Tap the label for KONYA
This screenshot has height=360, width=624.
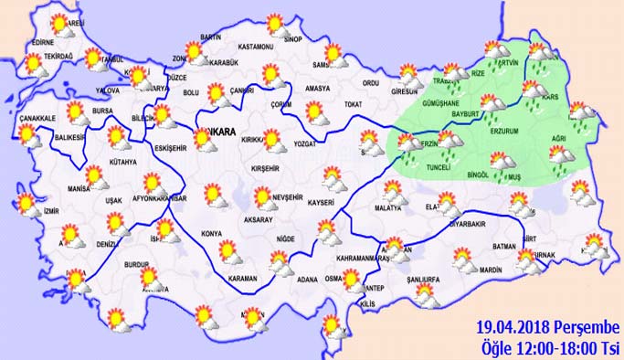(211, 232)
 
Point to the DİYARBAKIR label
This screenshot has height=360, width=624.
(471, 222)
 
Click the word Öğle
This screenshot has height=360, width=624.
(497, 347)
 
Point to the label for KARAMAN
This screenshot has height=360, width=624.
(242, 277)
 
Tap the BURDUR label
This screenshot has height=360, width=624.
(137, 264)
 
